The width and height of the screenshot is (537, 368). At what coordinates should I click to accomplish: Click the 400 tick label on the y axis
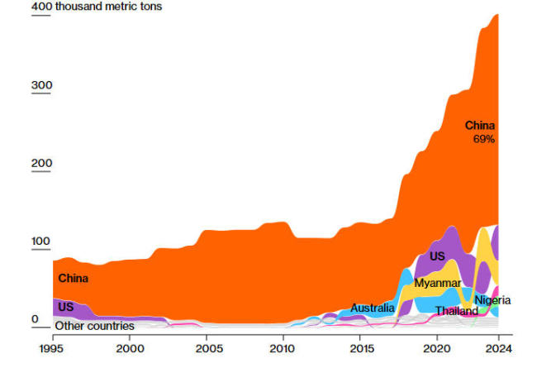point(40,7)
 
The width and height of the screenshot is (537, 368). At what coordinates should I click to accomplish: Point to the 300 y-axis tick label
point(41,85)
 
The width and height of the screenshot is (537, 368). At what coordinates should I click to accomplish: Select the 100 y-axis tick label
point(41,241)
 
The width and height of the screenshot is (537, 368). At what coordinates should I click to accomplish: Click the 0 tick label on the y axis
point(35,319)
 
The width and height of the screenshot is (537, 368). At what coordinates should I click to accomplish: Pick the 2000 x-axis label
point(129,349)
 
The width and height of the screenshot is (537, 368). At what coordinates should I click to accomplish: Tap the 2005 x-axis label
point(207,349)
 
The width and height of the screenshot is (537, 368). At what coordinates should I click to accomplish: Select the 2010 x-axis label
point(284,349)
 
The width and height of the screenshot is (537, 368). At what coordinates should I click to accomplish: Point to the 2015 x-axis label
point(361,349)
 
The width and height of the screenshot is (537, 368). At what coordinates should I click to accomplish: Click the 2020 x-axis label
point(439,349)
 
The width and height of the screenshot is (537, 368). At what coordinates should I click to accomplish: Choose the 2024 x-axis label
point(499,349)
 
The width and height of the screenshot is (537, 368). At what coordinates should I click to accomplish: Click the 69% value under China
point(483,140)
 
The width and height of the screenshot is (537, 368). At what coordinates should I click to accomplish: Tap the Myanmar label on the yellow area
point(437,283)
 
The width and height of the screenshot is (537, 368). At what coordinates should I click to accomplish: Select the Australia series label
point(372,308)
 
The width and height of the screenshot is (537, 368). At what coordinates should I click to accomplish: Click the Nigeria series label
point(492,300)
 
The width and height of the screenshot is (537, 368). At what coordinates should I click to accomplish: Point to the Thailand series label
point(457,312)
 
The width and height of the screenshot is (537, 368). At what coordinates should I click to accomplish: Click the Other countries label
point(94,326)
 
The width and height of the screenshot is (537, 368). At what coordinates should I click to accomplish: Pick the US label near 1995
point(65,307)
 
